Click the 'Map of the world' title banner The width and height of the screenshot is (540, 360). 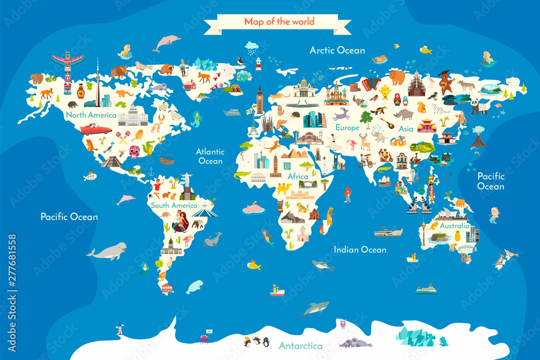pos(279,22)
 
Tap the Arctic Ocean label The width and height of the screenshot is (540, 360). pos(337,50)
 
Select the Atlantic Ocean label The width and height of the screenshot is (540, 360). pos(210,156)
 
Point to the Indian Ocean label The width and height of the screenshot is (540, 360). pos(360,249)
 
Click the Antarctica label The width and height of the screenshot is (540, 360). pos(301,345)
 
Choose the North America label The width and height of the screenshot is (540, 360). pos(91,114)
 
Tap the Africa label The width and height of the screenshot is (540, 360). pos(298,176)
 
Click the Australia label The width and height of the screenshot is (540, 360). pos(454,226)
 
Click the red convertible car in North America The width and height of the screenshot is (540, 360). pos(96,130)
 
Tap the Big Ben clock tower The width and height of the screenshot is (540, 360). pos(260,100)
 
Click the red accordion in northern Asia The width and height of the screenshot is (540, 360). pos(371,84)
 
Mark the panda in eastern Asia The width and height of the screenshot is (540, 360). pos(479,106)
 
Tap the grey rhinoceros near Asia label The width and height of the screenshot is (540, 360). pos(403,114)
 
